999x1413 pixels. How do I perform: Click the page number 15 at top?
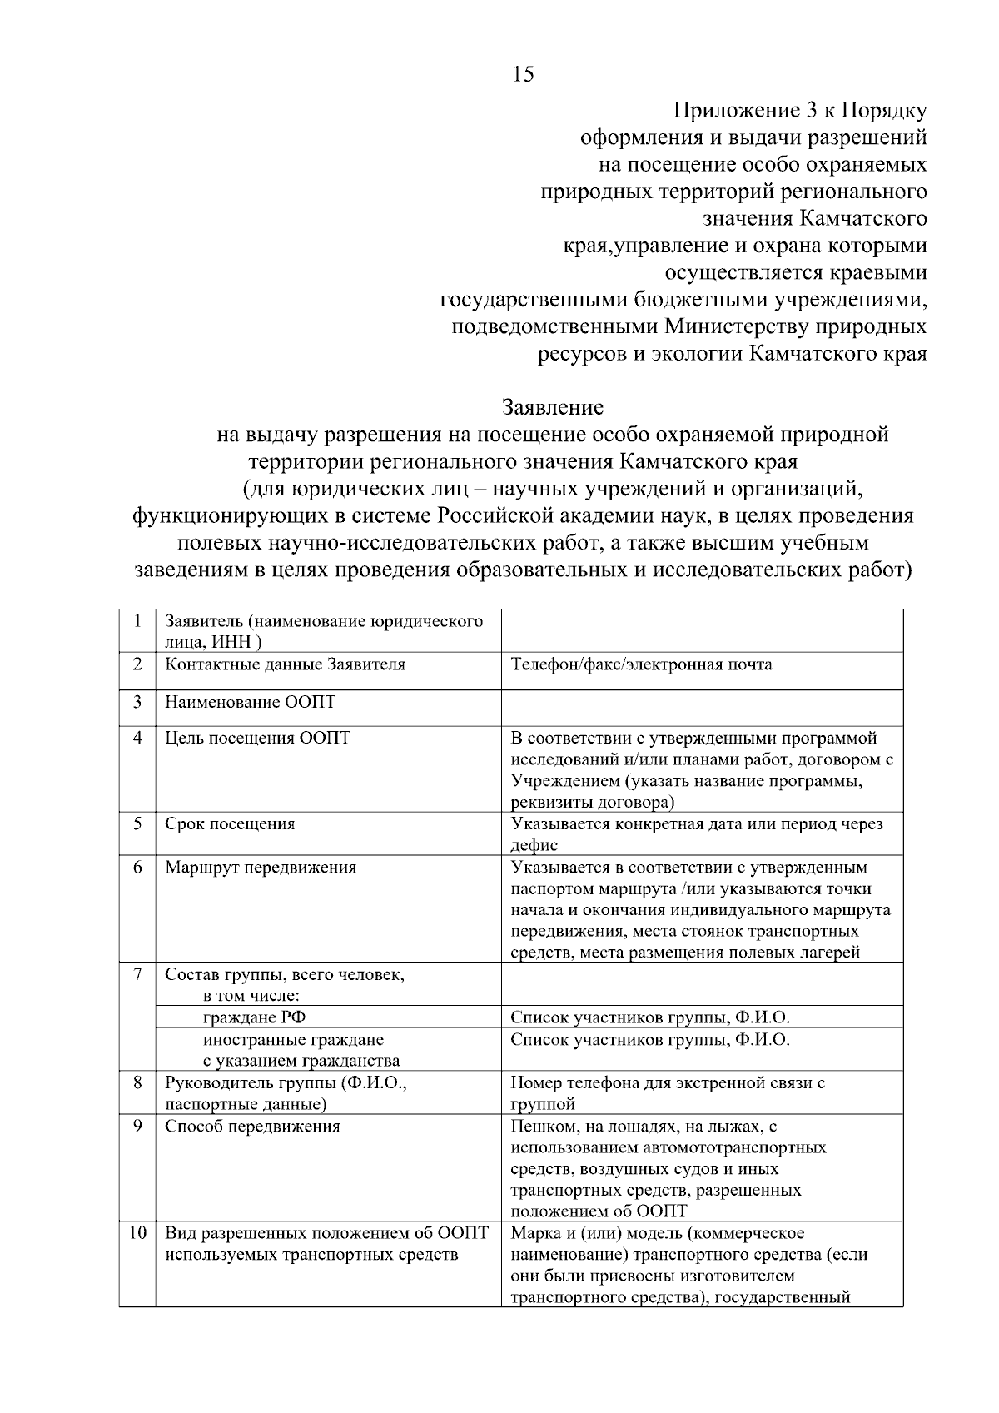(x=524, y=75)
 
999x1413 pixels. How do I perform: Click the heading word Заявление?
(x=552, y=408)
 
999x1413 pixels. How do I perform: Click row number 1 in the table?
(x=137, y=622)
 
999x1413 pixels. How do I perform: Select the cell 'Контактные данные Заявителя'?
(x=285, y=664)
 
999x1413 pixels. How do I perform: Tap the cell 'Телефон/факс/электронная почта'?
(x=641, y=664)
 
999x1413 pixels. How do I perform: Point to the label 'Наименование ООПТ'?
(x=250, y=702)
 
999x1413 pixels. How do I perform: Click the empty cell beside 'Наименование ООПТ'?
(x=701, y=707)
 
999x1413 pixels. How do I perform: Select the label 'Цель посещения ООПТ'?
(x=257, y=738)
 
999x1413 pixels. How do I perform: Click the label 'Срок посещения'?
(x=230, y=824)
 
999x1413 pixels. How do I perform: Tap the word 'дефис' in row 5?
(x=534, y=845)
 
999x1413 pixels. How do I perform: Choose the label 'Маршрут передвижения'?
(x=261, y=868)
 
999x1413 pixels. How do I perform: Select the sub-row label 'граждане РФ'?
(x=249, y=1017)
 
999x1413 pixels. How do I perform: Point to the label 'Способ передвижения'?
(x=252, y=1127)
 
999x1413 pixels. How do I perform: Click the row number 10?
(x=137, y=1233)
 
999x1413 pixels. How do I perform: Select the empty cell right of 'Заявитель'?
(x=701, y=630)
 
